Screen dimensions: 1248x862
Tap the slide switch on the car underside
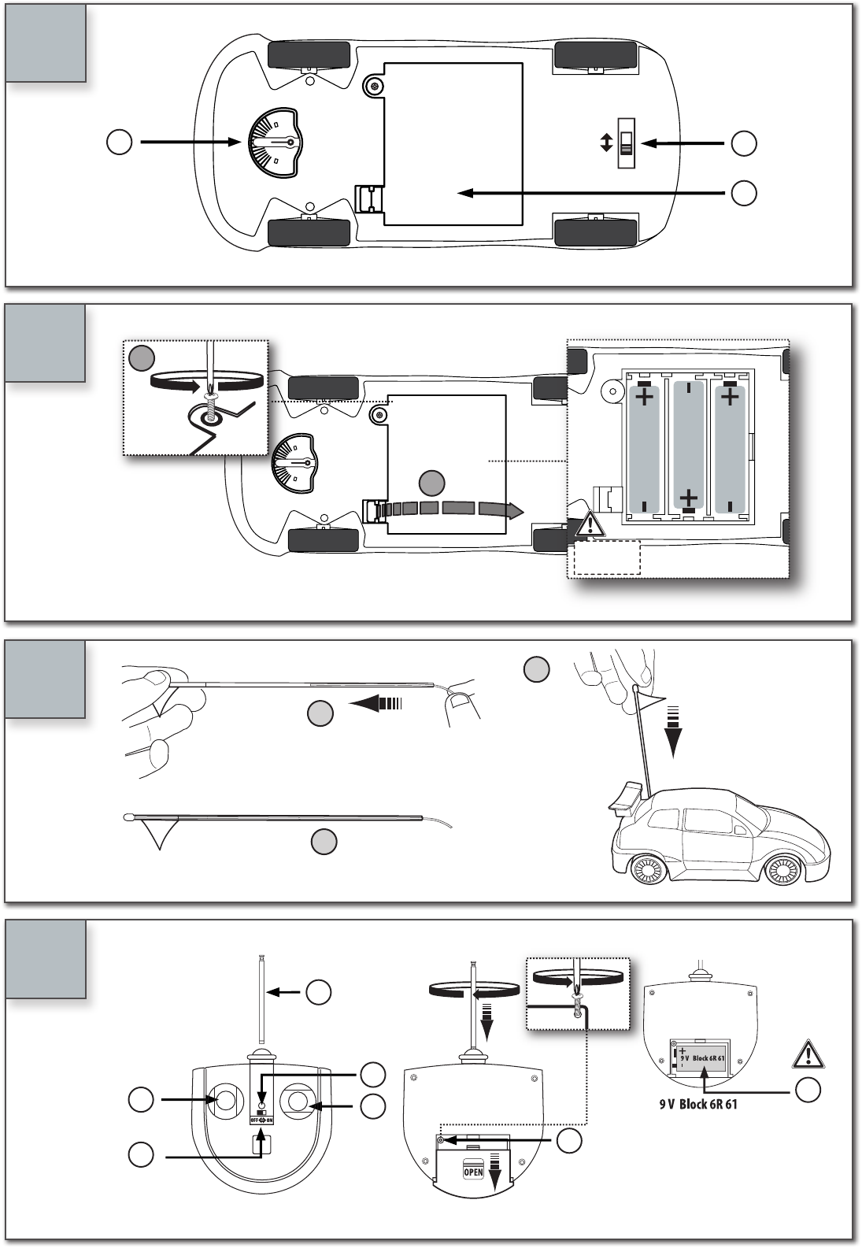click(x=627, y=143)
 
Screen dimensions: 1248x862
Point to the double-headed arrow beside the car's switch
click(x=605, y=143)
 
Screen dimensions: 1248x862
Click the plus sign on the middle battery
click(x=688, y=498)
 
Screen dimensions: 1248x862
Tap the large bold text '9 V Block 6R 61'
click(x=698, y=1104)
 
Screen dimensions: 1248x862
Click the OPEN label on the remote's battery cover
click(x=472, y=1172)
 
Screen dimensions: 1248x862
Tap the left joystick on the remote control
click(x=224, y=1099)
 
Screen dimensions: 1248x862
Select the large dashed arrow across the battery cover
click(x=449, y=509)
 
